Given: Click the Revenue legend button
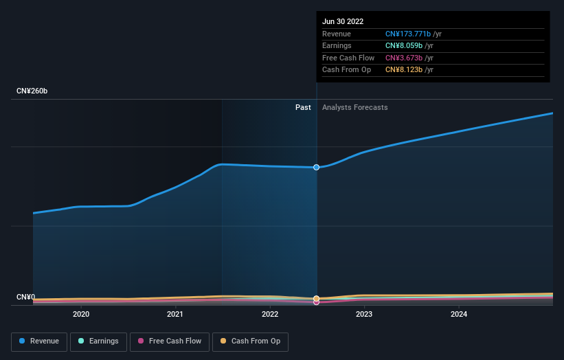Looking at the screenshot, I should click(x=39, y=341).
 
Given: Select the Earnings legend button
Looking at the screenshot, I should click(x=99, y=341).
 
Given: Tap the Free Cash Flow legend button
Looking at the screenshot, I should click(x=170, y=341).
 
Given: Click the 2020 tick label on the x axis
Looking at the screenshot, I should click(x=81, y=315).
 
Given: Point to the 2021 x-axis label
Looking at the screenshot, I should click(x=175, y=315).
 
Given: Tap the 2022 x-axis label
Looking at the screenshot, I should click(x=270, y=315).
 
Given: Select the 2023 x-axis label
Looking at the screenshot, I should click(x=364, y=315).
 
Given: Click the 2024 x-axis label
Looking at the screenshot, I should click(x=459, y=315).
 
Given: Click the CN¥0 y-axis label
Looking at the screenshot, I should click(x=25, y=297).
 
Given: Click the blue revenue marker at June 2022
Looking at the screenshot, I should click(x=317, y=167).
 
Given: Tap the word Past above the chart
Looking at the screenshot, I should click(x=303, y=108).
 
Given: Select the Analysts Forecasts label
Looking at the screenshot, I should click(x=354, y=108).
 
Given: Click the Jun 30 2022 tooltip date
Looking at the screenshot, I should click(x=343, y=21).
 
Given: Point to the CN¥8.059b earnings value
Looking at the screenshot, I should click(x=404, y=46).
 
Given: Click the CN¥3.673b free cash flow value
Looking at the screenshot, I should click(x=404, y=58).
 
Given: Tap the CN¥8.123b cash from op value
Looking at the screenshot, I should click(x=404, y=70).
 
